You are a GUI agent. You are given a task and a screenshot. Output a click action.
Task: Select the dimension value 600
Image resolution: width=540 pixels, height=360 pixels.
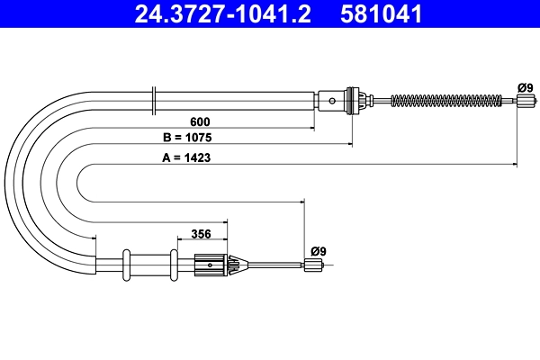(x=201, y=121)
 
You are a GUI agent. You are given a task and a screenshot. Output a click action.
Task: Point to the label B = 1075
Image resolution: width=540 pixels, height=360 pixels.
(x=193, y=139)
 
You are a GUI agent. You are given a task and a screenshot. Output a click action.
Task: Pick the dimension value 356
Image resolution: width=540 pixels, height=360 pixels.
(x=201, y=234)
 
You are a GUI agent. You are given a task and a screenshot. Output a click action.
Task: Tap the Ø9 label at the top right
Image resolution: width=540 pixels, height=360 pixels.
(x=526, y=87)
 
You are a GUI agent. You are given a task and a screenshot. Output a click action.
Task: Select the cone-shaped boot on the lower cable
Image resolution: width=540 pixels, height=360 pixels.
(x=237, y=265)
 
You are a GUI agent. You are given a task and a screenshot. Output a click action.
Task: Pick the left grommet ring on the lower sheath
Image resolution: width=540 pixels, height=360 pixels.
(x=127, y=265)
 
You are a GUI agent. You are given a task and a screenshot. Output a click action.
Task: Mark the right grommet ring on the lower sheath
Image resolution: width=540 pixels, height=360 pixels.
(x=171, y=265)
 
